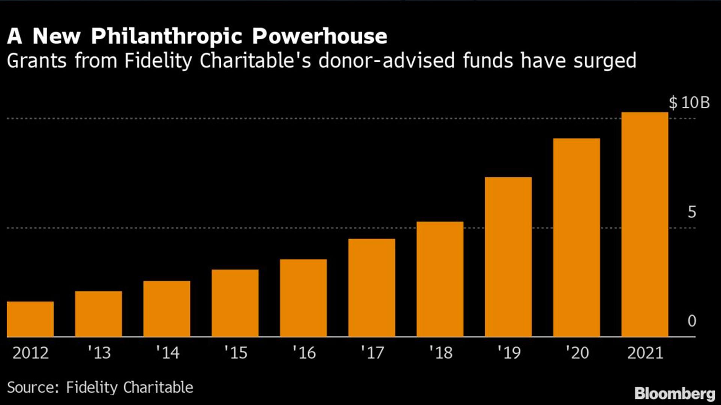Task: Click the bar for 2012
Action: pyautogui.click(x=30, y=319)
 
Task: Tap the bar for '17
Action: pyautogui.click(x=372, y=288)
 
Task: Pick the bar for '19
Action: pyautogui.click(x=508, y=257)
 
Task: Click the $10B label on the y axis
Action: pyautogui.click(x=689, y=103)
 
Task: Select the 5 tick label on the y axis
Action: pyautogui.click(x=692, y=212)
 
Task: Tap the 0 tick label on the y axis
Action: pyautogui.click(x=692, y=321)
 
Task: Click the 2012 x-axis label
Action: pyautogui.click(x=30, y=353)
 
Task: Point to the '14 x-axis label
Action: pyautogui.click(x=167, y=353)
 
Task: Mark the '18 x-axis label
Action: pyautogui.click(x=441, y=353)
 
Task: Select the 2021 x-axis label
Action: pyautogui.click(x=645, y=353)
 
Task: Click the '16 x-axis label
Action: pyautogui.click(x=304, y=353)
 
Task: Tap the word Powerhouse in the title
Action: pyautogui.click(x=320, y=36)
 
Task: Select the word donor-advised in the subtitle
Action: pyautogui.click(x=387, y=61)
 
